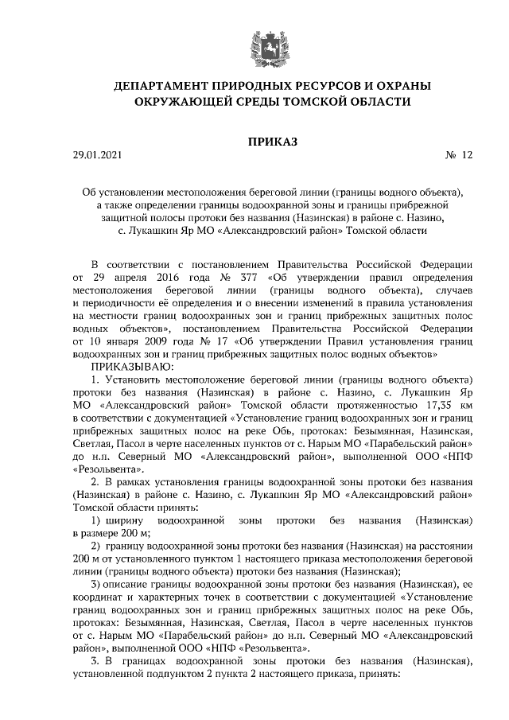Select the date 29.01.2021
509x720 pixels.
click(98, 157)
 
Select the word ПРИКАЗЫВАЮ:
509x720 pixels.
click(129, 365)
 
